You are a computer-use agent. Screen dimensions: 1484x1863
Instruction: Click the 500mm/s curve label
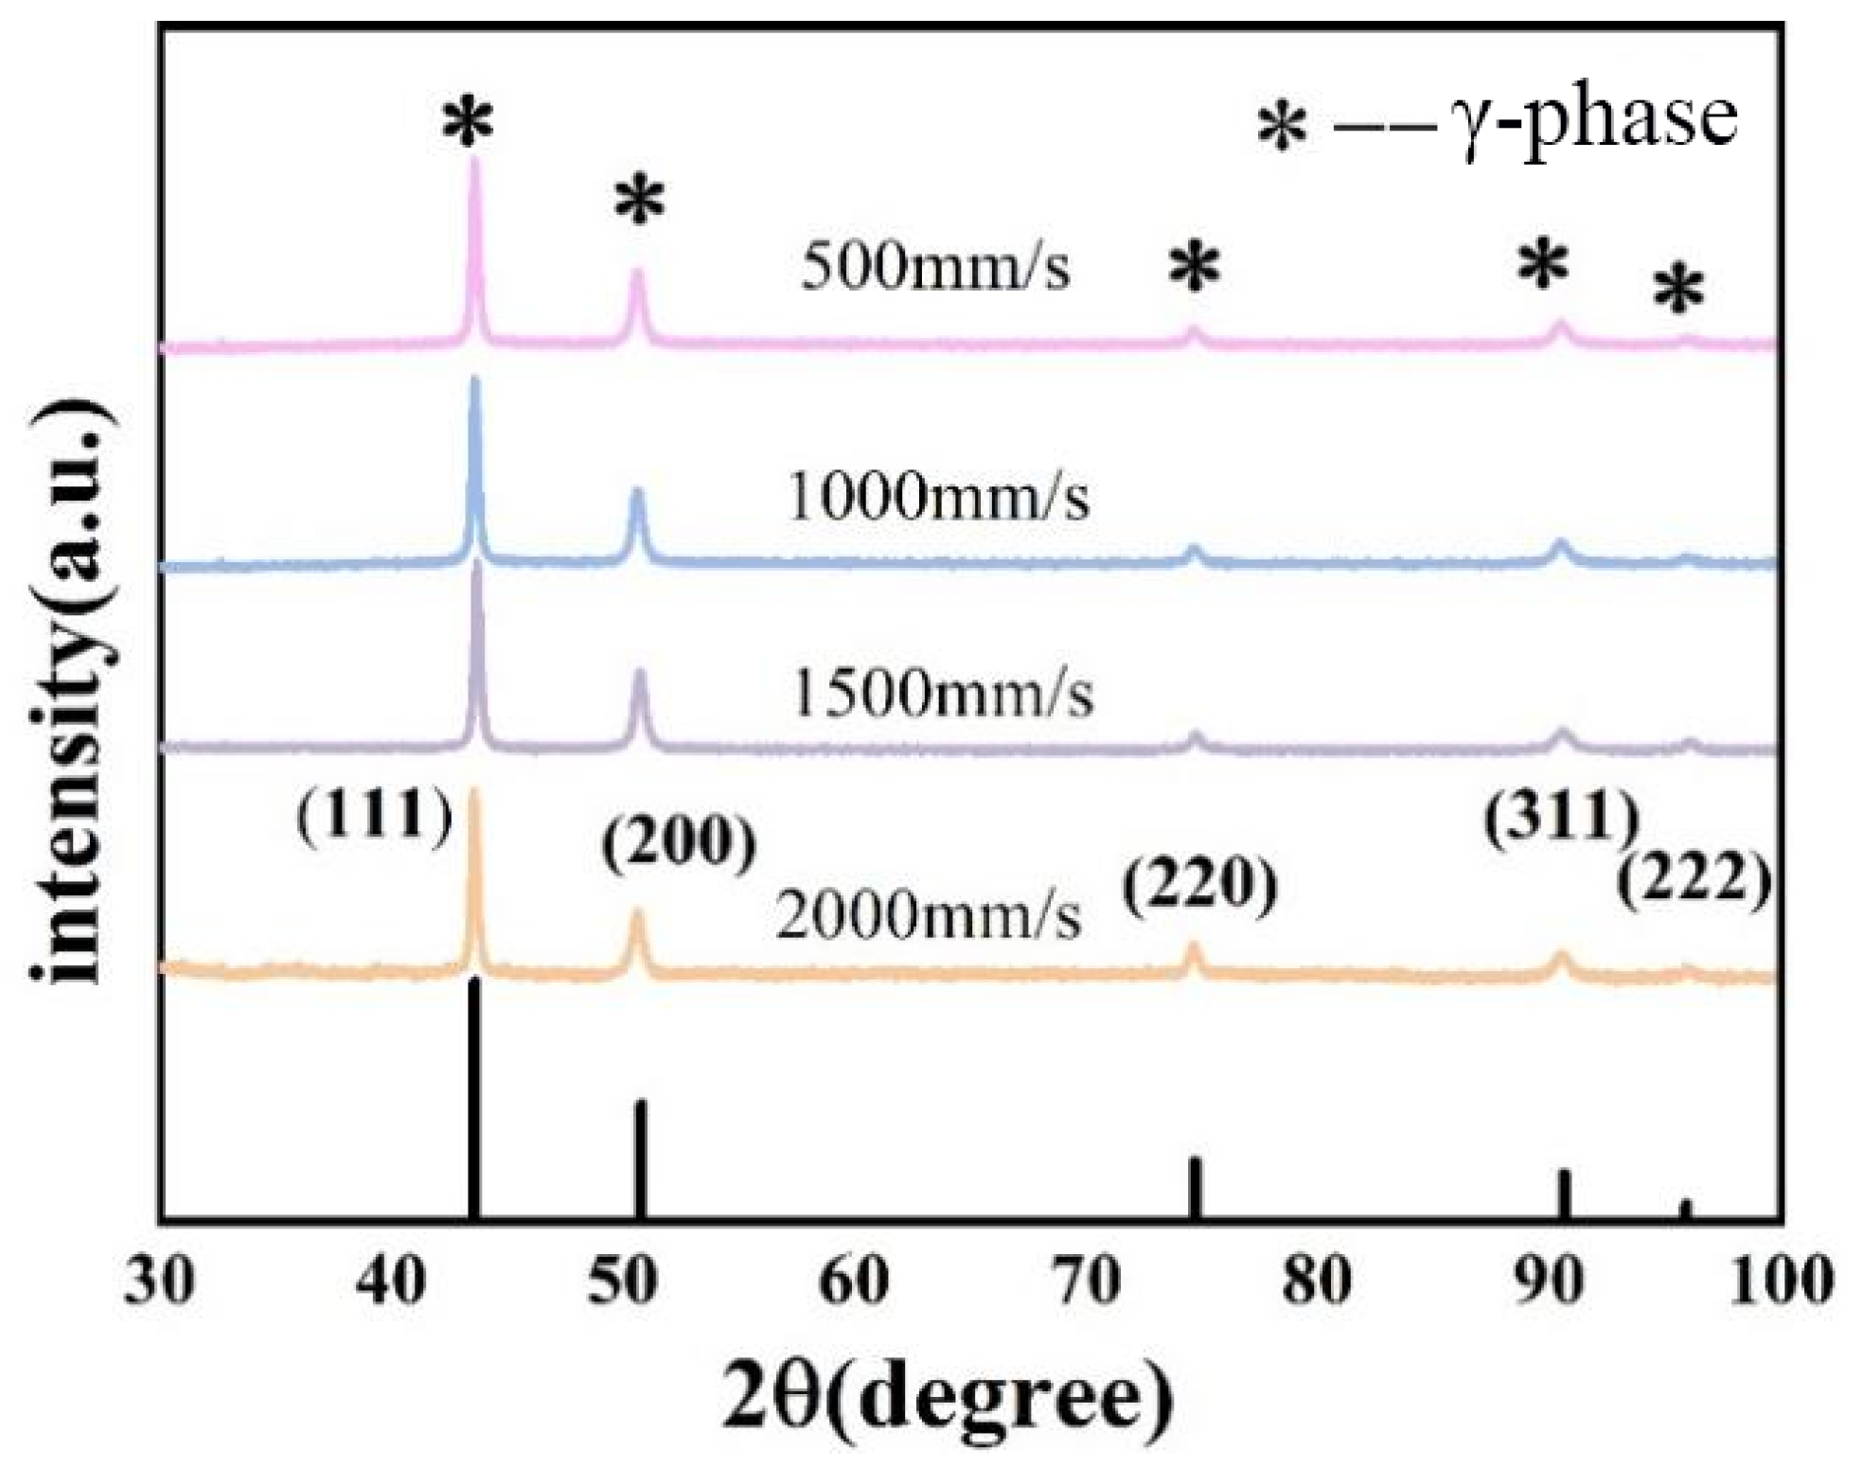(x=935, y=267)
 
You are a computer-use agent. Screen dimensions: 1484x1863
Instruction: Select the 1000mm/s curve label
(x=937, y=498)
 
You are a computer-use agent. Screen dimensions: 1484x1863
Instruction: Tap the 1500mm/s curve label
(x=942, y=694)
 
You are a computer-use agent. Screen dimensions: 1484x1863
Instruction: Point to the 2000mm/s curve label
(x=928, y=917)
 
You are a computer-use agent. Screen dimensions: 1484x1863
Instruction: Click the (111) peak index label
(x=375, y=815)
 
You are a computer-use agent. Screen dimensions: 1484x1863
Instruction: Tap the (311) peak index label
(x=1561, y=817)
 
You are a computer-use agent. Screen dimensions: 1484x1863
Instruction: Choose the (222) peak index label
(x=1694, y=880)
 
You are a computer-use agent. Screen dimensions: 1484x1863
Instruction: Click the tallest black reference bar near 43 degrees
(x=474, y=1098)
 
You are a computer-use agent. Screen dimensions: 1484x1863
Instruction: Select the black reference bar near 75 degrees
(x=1196, y=1189)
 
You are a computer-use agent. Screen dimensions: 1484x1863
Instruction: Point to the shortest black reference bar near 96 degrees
(x=1685, y=1210)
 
